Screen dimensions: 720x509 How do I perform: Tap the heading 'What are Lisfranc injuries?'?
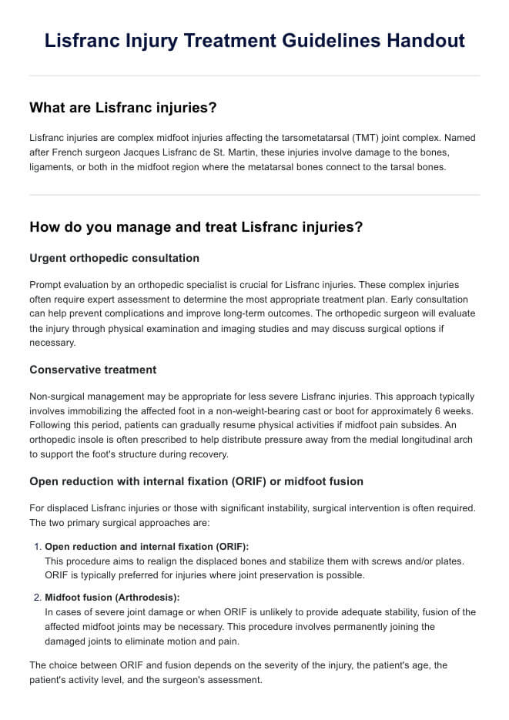(x=122, y=108)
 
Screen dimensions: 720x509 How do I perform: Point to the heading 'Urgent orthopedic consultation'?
(x=114, y=258)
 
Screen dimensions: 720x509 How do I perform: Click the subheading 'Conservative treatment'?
(x=92, y=370)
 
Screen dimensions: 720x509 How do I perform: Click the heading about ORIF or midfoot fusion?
(x=196, y=481)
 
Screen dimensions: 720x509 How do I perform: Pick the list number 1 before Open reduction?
(x=38, y=546)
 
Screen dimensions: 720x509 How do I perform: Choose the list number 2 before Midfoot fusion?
(x=38, y=597)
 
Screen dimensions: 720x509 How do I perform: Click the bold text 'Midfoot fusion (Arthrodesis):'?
(x=112, y=597)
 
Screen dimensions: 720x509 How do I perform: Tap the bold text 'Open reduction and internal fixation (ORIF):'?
(x=146, y=546)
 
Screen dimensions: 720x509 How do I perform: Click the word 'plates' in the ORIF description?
(x=450, y=561)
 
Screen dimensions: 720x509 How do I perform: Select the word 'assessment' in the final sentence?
(x=236, y=680)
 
